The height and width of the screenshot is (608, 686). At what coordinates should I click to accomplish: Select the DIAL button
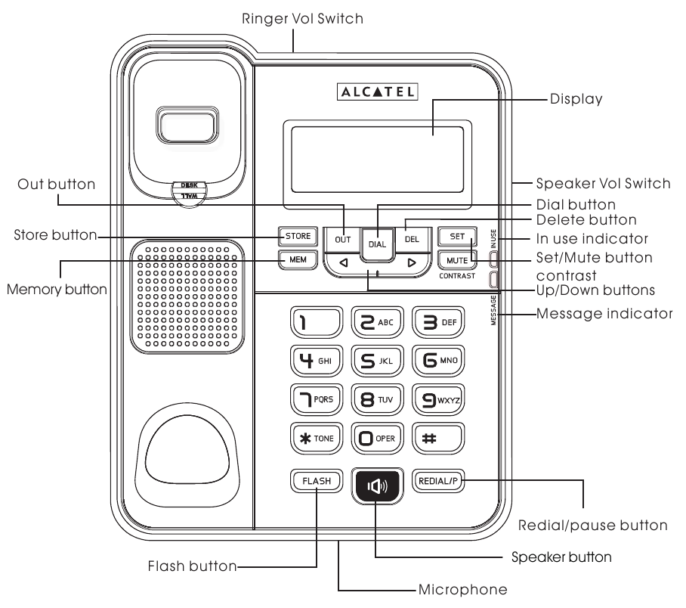[x=377, y=244]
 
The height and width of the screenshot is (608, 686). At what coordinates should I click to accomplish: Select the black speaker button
[x=377, y=484]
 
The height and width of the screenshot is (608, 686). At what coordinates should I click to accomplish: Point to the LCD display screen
[x=375, y=155]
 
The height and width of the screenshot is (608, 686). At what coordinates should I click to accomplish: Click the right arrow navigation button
[x=411, y=263]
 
